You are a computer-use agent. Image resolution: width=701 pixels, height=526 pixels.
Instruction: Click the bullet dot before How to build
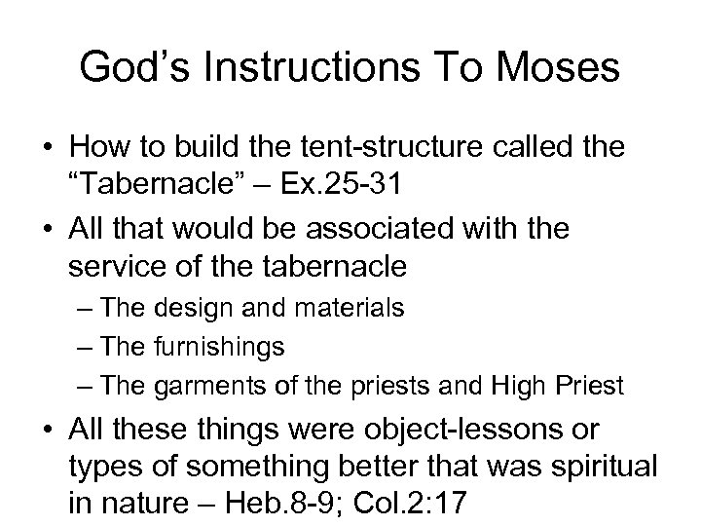[x=47, y=148]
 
